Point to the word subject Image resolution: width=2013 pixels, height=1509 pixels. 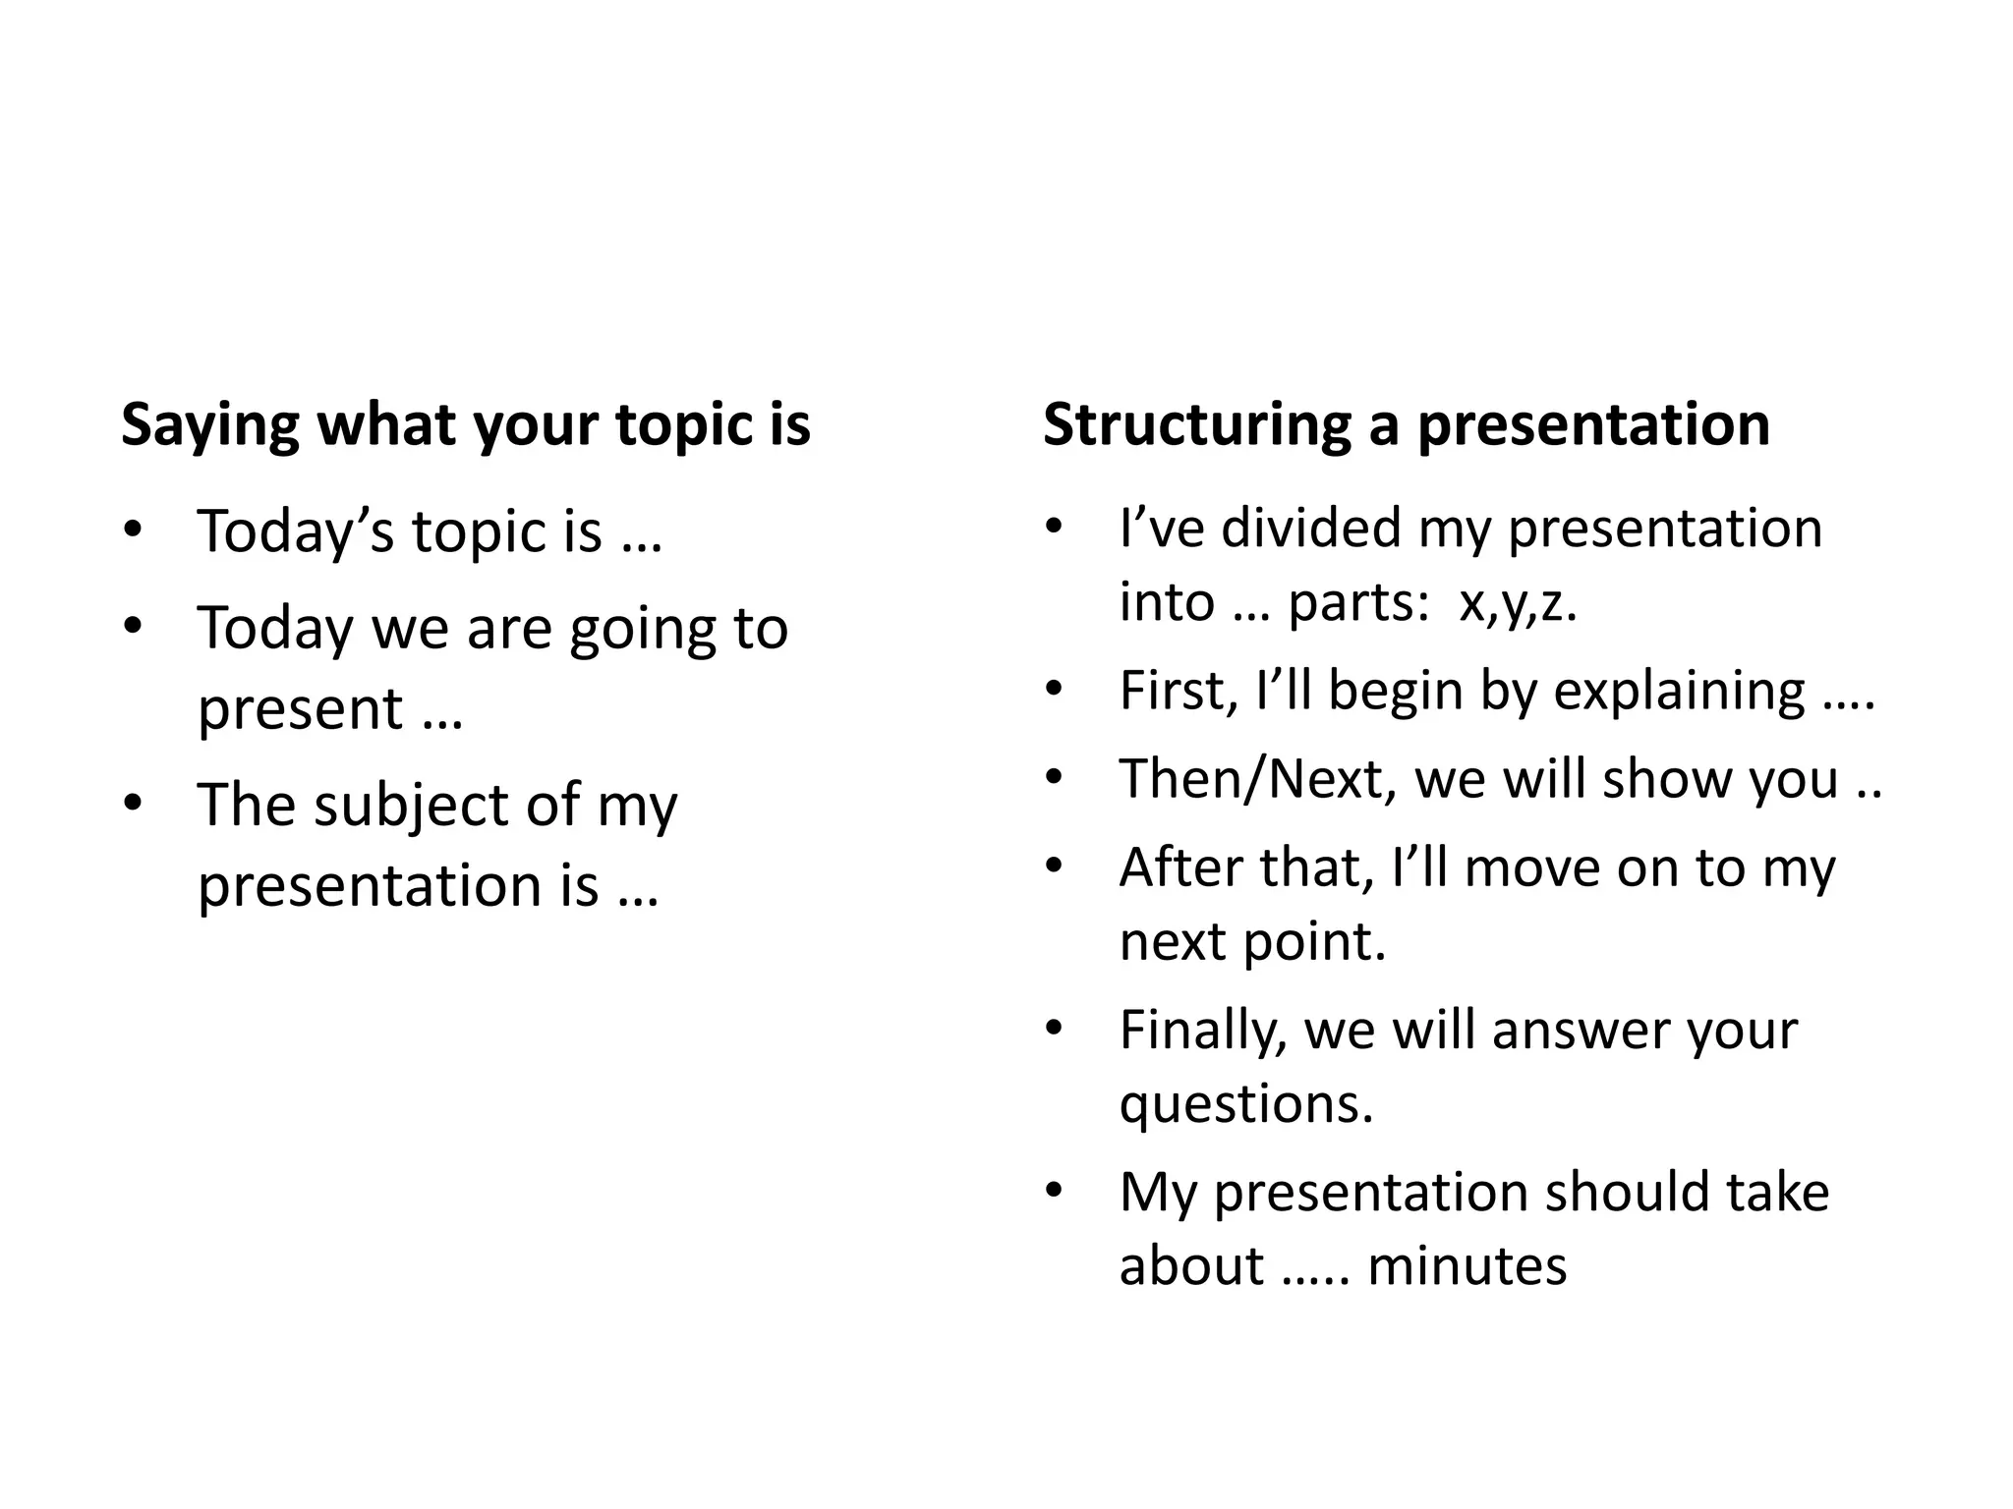(x=411, y=807)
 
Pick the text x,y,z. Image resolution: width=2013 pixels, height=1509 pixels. (x=1518, y=603)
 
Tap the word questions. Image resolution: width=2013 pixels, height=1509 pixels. (x=1245, y=1105)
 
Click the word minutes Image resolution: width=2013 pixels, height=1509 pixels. (x=1467, y=1265)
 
